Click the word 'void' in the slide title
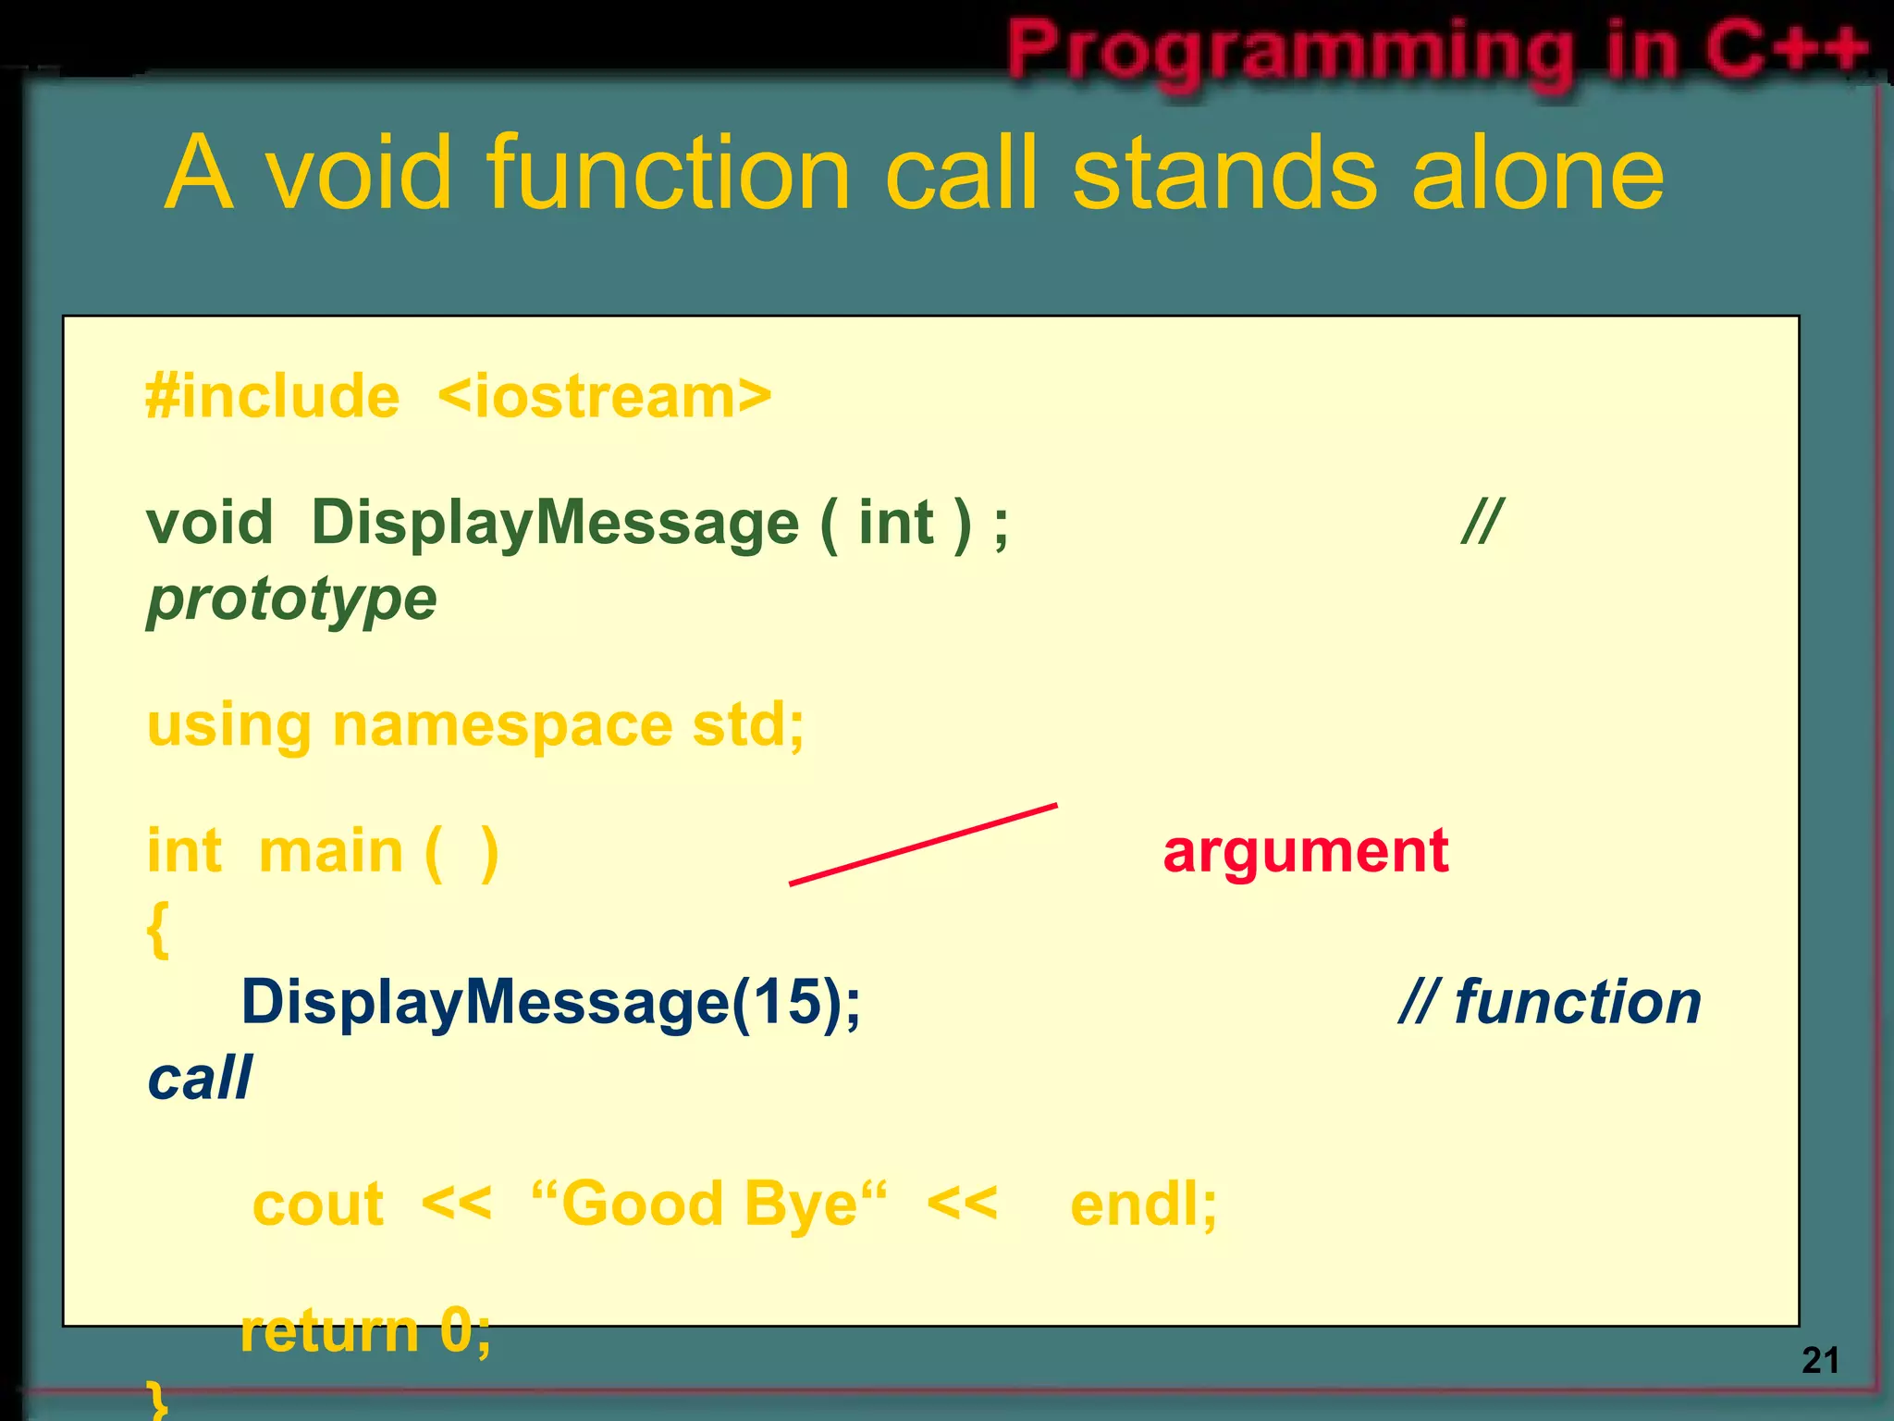pos(359,173)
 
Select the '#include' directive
pos(273,397)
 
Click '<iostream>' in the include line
pos(604,397)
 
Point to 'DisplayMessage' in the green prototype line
pos(554,524)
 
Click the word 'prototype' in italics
pos(291,599)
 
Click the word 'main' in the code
pos(331,851)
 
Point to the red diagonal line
pos(923,845)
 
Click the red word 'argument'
pos(1305,851)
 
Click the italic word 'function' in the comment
pos(1577,1002)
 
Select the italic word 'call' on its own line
pos(199,1079)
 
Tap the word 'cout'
pos(317,1205)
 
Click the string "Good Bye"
pos(709,1205)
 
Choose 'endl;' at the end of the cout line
pos(1143,1205)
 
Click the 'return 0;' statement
pos(365,1332)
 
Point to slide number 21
pos(1819,1360)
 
